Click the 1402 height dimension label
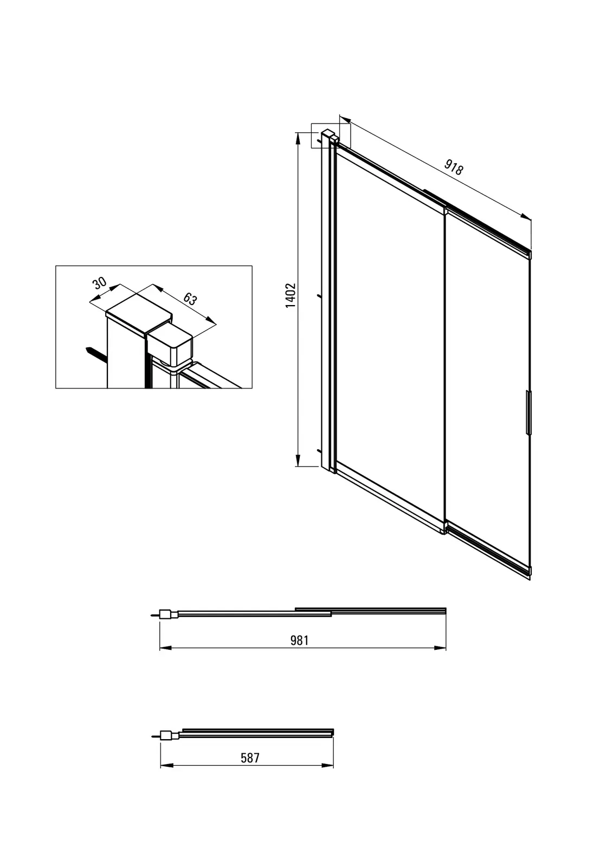click(291, 295)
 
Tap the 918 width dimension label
click(453, 167)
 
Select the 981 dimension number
click(300, 640)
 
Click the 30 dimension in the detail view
click(100, 283)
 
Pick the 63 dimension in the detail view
click(190, 299)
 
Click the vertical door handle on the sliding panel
click(528, 412)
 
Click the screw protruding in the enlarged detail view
click(95, 353)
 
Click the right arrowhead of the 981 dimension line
click(440, 648)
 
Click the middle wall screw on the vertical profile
click(319, 296)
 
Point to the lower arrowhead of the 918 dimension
click(526, 216)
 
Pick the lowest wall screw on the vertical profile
click(319, 451)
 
